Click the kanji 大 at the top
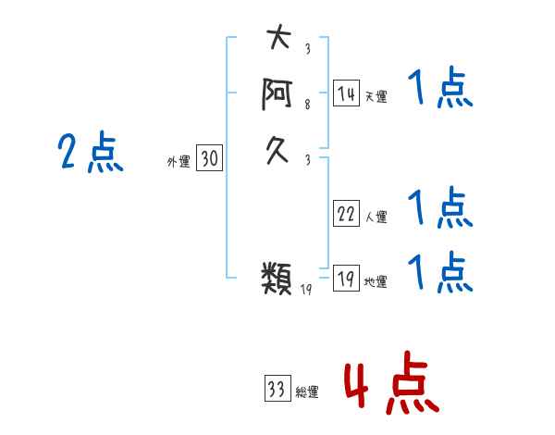[279, 36]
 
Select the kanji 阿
[277, 93]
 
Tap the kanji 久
[277, 151]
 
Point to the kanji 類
[277, 278]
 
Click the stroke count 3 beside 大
[308, 48]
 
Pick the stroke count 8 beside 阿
[308, 104]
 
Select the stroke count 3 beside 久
[308, 160]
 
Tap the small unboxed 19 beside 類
[306, 290]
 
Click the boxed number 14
[346, 93]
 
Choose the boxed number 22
[346, 213]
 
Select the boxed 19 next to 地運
[346, 278]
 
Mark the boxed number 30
[210, 157]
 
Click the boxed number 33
[277, 388]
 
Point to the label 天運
[376, 96]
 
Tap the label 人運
[376, 217]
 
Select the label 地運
[376, 281]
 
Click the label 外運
[179, 162]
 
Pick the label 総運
[307, 391]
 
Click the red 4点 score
[392, 382]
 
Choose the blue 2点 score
[91, 152]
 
